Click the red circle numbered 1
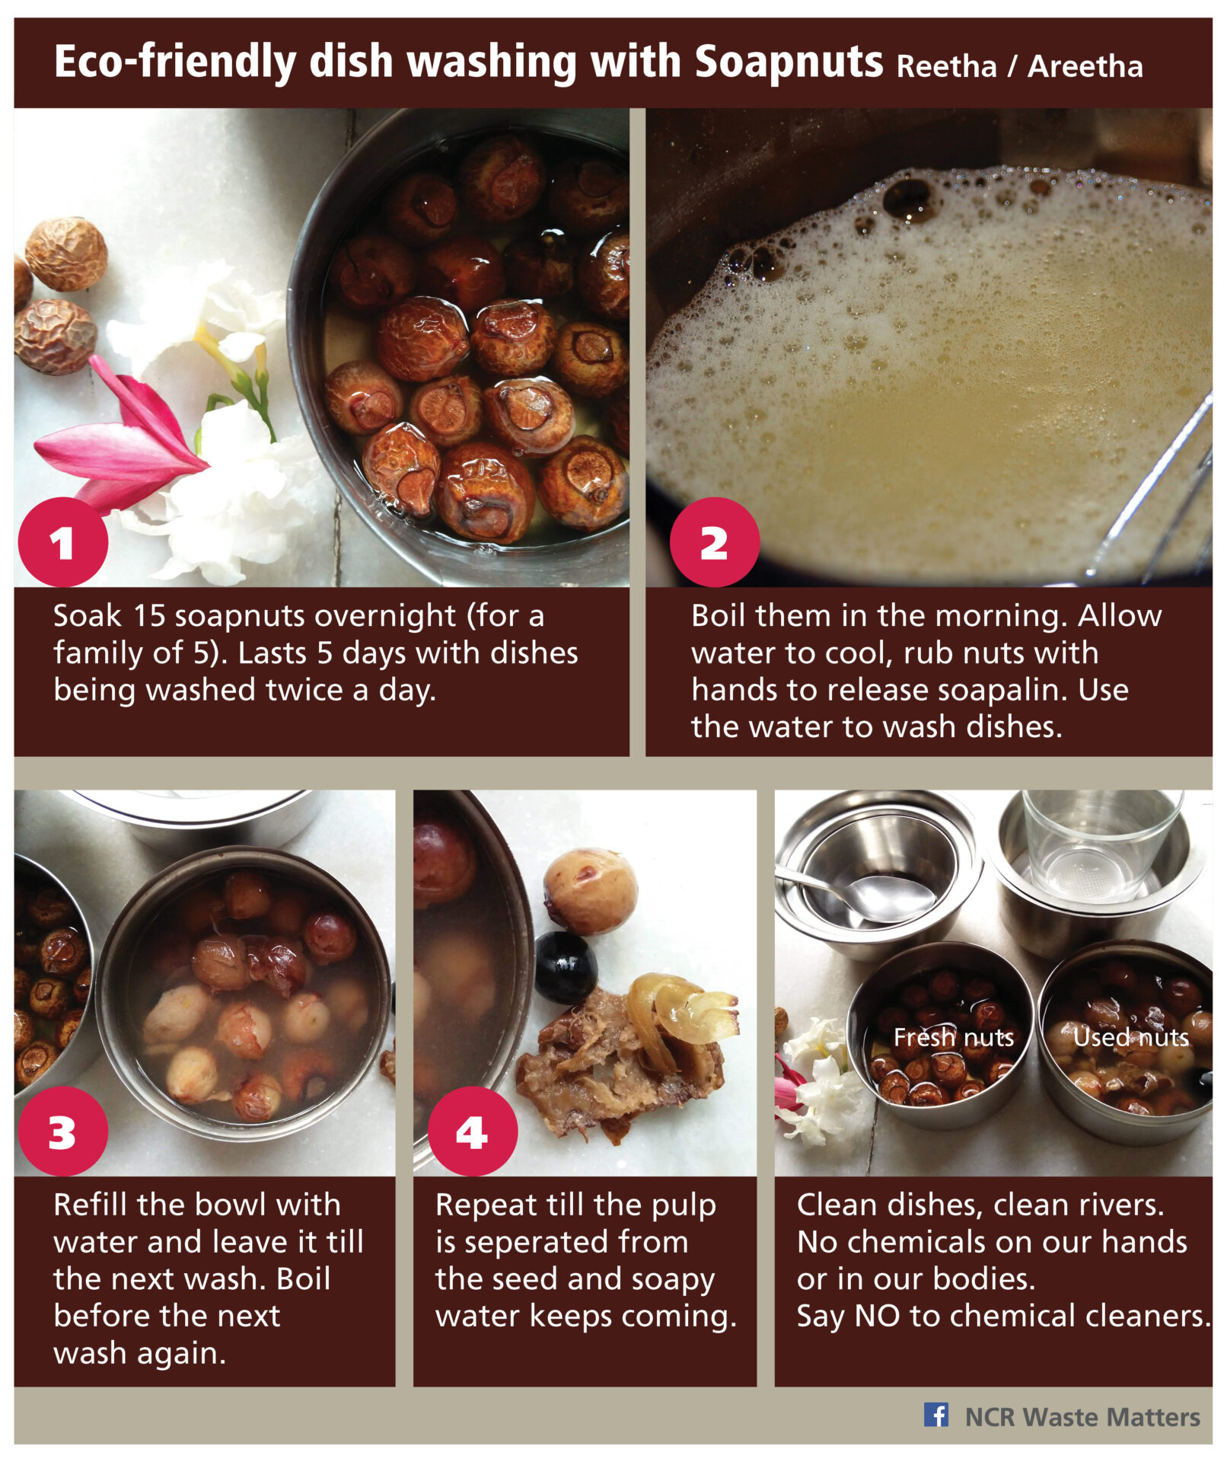[x=63, y=542]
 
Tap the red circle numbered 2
[x=714, y=542]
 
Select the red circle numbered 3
[x=63, y=1131]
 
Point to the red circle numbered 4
[x=473, y=1131]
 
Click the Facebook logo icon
[x=935, y=1414]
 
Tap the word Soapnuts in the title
[x=789, y=62]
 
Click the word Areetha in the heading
[x=1085, y=67]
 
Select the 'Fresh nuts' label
[x=953, y=1037]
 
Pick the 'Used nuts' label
[x=1130, y=1037]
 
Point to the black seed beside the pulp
[x=565, y=967]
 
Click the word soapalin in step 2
[x=1002, y=690]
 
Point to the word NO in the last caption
[x=877, y=1316]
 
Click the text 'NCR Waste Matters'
[x=1082, y=1417]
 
